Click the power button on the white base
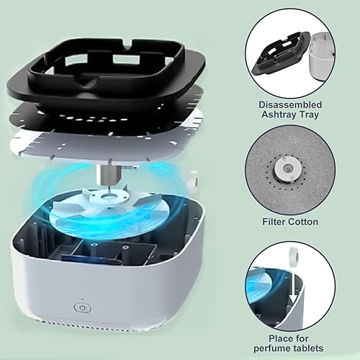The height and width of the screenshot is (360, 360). click(x=82, y=307)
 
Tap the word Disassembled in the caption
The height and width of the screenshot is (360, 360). click(x=290, y=105)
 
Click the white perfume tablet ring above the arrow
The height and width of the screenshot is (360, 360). click(x=294, y=253)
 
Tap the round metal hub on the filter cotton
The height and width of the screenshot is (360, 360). click(x=287, y=168)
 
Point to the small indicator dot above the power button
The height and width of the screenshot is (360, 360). click(x=82, y=299)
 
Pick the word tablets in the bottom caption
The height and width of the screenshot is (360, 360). click(x=308, y=348)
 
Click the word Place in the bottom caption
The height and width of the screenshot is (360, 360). click(x=279, y=338)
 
